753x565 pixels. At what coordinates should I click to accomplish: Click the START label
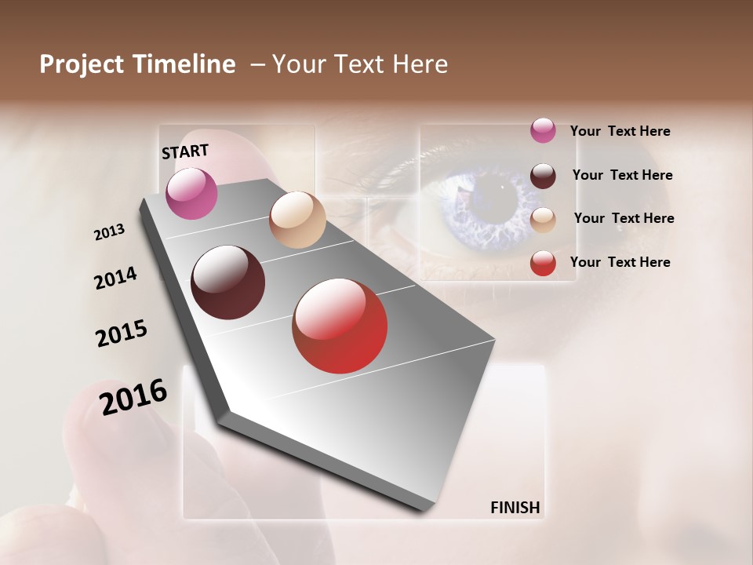click(185, 151)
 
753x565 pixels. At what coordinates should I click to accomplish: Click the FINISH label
click(515, 508)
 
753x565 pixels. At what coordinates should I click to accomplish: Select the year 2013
click(109, 232)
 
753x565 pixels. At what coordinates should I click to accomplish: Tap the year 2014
click(115, 278)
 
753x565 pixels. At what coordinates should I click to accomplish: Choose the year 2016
click(133, 397)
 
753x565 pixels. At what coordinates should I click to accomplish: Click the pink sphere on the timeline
click(191, 193)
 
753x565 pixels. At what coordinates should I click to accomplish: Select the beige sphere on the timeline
click(297, 220)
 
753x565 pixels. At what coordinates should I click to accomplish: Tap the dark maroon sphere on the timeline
click(227, 282)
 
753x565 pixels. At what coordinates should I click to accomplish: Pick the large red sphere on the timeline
click(340, 326)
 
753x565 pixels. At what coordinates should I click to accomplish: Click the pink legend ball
click(543, 130)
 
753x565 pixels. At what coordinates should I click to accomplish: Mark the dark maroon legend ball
click(543, 175)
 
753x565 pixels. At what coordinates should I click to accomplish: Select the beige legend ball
click(543, 220)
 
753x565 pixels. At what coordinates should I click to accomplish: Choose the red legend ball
click(543, 263)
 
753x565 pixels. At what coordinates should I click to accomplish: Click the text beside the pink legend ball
click(620, 131)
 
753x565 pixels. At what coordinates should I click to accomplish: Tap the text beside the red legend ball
click(620, 262)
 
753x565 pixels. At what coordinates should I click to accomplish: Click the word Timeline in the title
click(185, 64)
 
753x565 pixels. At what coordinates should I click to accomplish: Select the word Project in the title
click(81, 64)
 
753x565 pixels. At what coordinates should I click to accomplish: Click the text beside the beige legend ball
click(624, 218)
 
